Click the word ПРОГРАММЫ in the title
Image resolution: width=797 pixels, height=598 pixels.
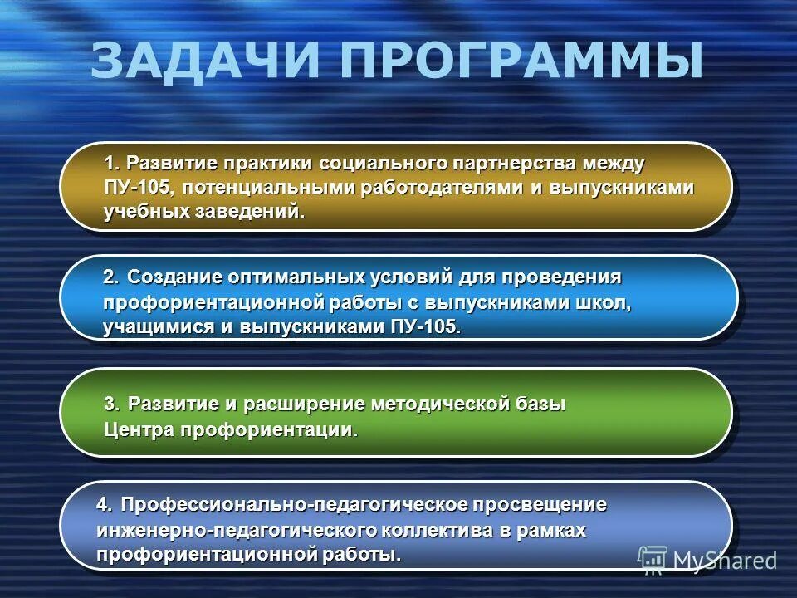[522, 61]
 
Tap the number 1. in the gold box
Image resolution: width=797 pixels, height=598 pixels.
[112, 161]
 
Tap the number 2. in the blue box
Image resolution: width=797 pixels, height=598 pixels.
[112, 276]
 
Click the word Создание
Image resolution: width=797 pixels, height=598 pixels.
[175, 276]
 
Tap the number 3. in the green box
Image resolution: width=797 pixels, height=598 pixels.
[112, 404]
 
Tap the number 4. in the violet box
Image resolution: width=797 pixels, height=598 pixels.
[105, 504]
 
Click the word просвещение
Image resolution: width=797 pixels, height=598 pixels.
[540, 504]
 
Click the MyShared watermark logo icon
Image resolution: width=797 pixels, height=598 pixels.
[653, 561]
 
